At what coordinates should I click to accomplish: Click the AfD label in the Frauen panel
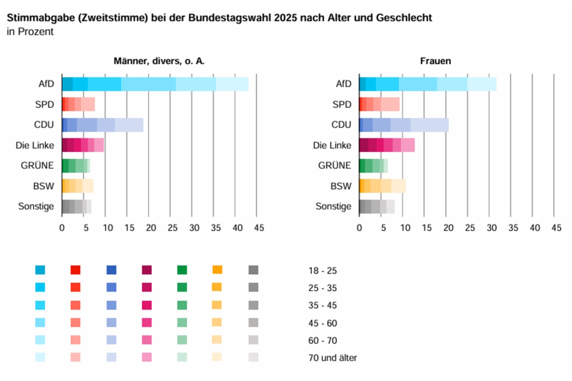(x=344, y=84)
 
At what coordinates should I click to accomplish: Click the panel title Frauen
(x=435, y=61)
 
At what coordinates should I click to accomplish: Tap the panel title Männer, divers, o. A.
(x=159, y=61)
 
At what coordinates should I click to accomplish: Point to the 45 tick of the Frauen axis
(x=556, y=228)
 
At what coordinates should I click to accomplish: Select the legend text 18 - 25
(x=323, y=270)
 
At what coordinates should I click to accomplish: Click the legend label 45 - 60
(x=323, y=323)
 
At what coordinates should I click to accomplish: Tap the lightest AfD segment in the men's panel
(x=232, y=84)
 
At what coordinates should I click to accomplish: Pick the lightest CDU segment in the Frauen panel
(x=429, y=125)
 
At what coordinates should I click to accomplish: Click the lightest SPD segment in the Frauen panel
(x=390, y=104)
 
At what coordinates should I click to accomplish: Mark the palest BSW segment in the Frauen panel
(x=399, y=186)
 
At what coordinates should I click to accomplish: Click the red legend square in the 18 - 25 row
(x=75, y=270)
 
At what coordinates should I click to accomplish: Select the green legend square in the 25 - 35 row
(x=182, y=287)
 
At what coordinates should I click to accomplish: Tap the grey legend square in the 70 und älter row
(x=253, y=357)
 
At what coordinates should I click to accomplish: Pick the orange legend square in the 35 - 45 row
(x=217, y=305)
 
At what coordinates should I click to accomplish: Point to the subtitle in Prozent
(x=30, y=32)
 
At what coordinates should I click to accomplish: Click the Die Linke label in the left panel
(x=37, y=145)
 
